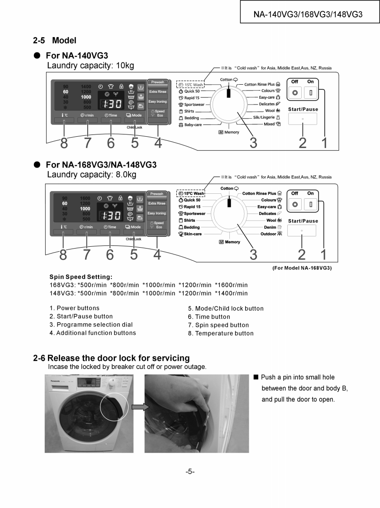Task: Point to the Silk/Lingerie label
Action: [266, 117]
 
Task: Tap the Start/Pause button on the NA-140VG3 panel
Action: [302, 119]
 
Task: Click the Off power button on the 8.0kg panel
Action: [295, 204]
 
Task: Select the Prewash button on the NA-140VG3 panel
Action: [157, 82]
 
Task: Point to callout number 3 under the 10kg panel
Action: [253, 143]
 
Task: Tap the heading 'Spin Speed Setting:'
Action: [81, 277]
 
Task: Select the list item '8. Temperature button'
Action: [221, 333]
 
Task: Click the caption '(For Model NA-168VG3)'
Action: [302, 268]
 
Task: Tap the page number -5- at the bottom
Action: [190, 472]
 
